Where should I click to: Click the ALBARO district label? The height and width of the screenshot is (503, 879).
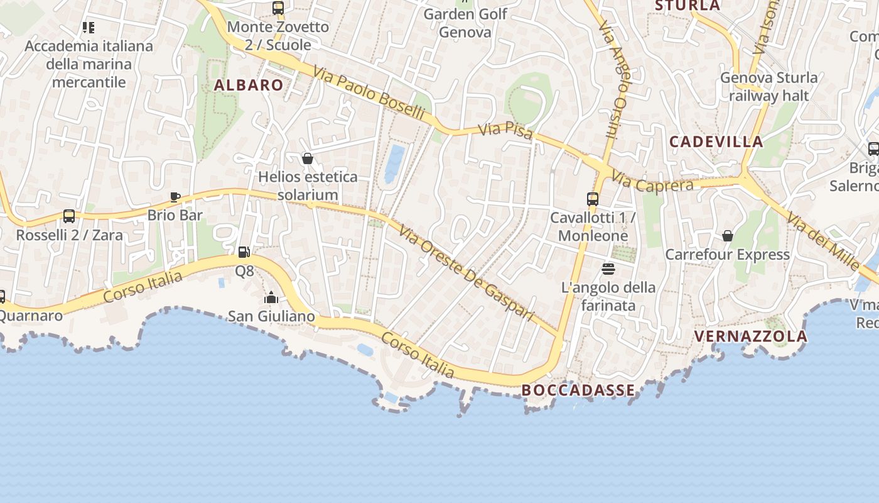click(x=249, y=86)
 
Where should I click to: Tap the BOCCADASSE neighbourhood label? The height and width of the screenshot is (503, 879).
click(x=578, y=390)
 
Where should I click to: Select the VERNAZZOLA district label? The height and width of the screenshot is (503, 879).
click(x=750, y=336)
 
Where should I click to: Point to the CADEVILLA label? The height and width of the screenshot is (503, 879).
click(x=716, y=141)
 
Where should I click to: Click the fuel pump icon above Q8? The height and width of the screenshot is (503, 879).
click(x=244, y=252)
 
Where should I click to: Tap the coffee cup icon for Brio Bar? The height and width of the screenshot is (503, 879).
click(x=175, y=197)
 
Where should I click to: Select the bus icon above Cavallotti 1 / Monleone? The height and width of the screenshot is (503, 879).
click(x=593, y=199)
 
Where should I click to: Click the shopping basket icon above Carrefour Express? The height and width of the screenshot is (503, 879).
click(x=727, y=236)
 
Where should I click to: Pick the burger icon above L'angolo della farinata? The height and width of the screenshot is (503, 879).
click(x=608, y=269)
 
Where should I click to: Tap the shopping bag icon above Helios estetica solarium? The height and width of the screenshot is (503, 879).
click(x=308, y=158)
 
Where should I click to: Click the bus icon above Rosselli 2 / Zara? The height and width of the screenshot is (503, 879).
click(x=69, y=216)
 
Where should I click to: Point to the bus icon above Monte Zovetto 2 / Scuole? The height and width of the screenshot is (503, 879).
click(x=278, y=8)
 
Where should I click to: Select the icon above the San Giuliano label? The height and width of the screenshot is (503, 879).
click(x=271, y=297)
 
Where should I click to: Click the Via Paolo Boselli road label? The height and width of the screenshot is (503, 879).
click(x=369, y=95)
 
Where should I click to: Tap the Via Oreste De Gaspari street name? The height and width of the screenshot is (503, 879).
click(x=466, y=272)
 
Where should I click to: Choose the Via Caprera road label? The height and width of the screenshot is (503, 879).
click(x=652, y=184)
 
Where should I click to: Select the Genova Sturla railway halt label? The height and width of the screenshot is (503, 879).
click(x=768, y=87)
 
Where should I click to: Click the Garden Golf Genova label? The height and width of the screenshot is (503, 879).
click(x=465, y=23)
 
